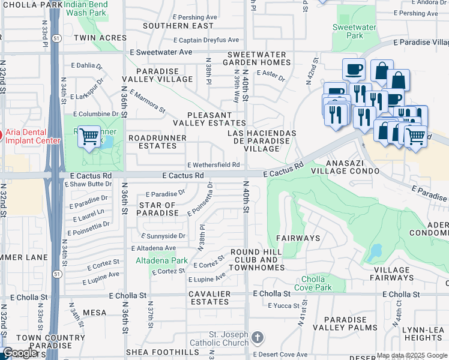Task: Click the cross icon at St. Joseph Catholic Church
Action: point(258,337)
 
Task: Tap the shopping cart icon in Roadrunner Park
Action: point(89,137)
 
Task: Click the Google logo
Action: point(20,353)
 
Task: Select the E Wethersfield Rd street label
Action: point(214,164)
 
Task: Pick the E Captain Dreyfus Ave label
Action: point(206,40)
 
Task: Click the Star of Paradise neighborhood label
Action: point(158,209)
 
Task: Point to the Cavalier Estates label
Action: point(209,298)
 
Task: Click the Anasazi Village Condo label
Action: point(345,167)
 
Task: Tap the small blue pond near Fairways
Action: point(376,251)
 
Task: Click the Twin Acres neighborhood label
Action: point(100,37)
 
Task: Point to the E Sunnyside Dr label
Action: point(163,236)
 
